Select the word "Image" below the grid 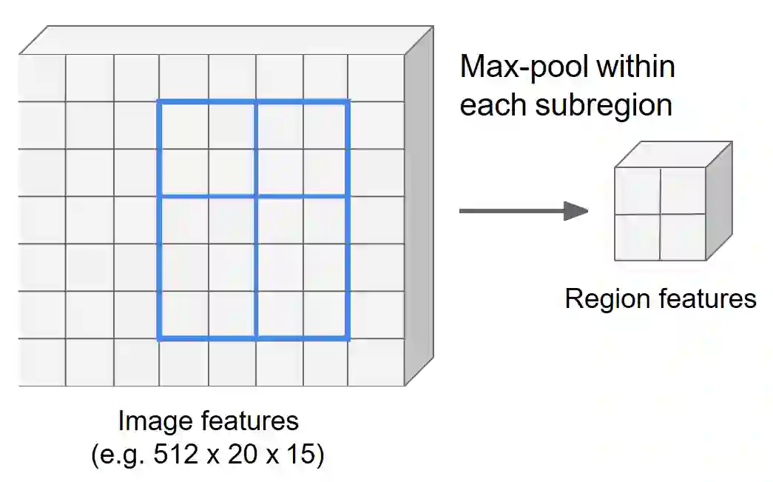point(156,421)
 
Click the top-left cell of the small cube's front point(637,191)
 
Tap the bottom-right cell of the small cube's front point(683,238)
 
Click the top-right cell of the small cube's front point(683,191)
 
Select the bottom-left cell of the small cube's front point(637,238)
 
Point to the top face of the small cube point(673,155)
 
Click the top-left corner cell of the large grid point(42,78)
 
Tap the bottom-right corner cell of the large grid point(377,363)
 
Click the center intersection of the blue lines point(255,196)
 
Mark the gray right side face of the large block point(418,207)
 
